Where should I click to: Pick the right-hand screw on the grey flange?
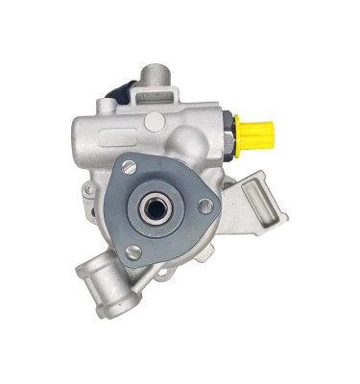click(x=206, y=204)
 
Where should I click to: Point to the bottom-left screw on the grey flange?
click(x=132, y=251)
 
